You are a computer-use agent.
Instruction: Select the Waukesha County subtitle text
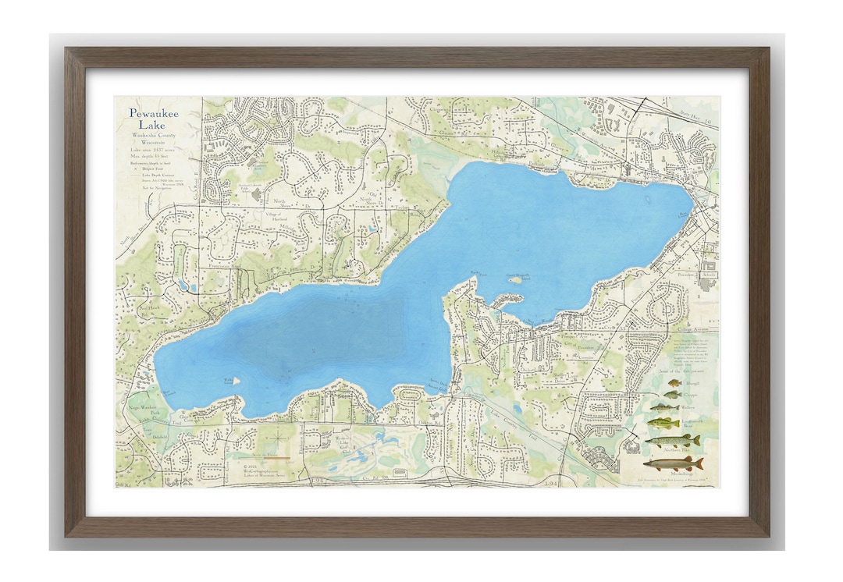tap(154, 135)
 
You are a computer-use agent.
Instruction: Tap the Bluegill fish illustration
tap(672, 385)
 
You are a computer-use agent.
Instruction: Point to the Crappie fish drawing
tap(672, 395)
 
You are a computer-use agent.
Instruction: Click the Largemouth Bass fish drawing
tap(663, 423)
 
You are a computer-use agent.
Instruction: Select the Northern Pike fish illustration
tap(672, 441)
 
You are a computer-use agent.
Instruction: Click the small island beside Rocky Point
tap(516, 276)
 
